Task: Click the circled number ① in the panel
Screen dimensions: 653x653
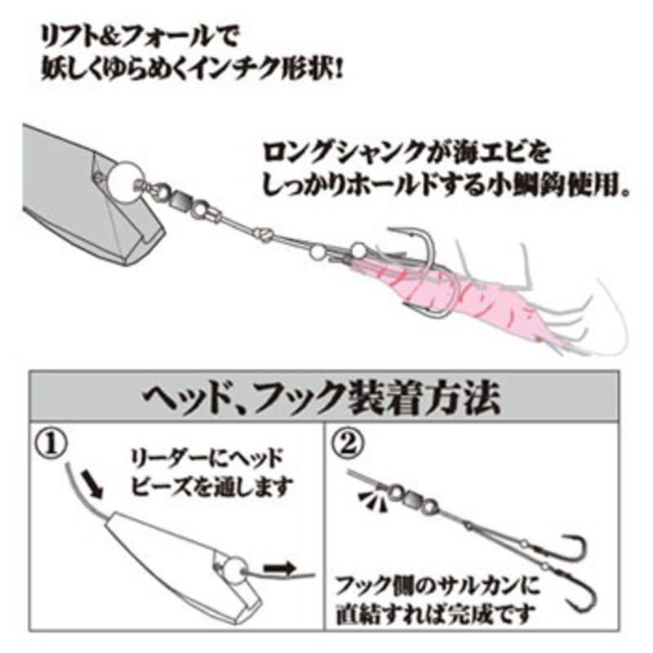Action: (51, 443)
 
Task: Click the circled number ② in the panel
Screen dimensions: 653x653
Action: (349, 442)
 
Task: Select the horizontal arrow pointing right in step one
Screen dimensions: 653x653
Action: (279, 568)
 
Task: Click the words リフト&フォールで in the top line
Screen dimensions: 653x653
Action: (139, 38)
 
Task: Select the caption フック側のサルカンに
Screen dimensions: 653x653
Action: (438, 584)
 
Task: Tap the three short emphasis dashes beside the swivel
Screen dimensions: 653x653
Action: (374, 500)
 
